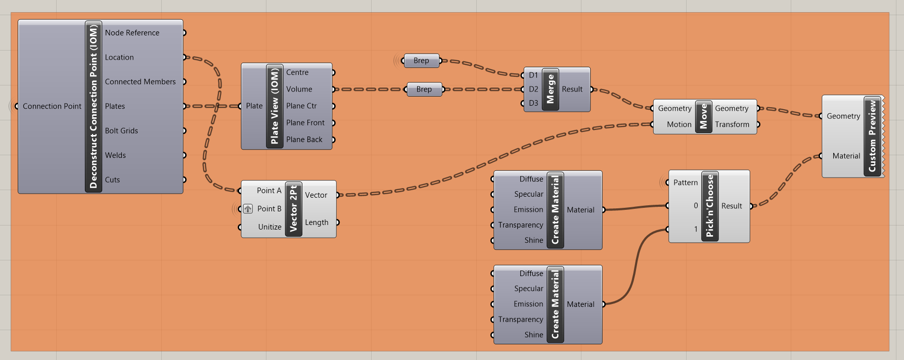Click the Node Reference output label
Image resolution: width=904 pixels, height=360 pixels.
click(x=132, y=33)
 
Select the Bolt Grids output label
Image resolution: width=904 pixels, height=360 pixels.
click(x=121, y=131)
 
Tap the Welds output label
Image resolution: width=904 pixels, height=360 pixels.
click(x=115, y=155)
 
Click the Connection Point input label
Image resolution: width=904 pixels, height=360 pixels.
click(x=52, y=106)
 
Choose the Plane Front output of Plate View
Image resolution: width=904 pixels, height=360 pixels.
click(x=305, y=123)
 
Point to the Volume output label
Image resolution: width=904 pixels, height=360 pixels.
click(x=299, y=89)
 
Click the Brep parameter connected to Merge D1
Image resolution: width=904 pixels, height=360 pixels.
click(x=421, y=61)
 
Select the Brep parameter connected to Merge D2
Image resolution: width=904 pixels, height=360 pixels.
click(x=424, y=89)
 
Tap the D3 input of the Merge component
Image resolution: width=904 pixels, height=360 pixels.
click(x=533, y=103)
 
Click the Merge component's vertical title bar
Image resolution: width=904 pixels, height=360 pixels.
click(x=551, y=89)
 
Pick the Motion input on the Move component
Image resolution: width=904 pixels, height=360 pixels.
click(x=679, y=124)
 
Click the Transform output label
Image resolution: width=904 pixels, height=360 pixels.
click(x=732, y=124)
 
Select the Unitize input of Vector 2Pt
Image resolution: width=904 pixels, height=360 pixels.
click(x=269, y=227)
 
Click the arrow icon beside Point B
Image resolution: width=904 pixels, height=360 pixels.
click(x=248, y=209)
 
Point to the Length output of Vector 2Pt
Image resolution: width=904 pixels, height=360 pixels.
click(x=317, y=222)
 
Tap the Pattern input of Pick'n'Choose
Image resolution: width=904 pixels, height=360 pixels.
click(x=685, y=183)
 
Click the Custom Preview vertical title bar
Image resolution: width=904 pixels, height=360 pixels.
click(x=872, y=137)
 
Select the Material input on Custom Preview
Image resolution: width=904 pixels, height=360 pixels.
click(x=846, y=156)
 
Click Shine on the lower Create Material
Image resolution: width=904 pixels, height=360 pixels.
click(x=533, y=335)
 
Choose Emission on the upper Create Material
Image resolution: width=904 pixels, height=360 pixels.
click(x=528, y=210)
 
